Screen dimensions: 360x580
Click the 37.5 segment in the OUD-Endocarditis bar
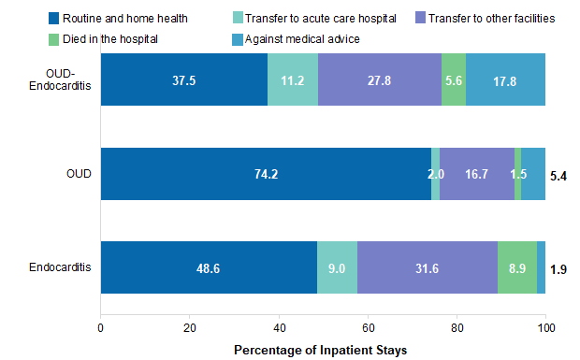click(183, 80)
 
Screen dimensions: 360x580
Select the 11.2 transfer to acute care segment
click(292, 80)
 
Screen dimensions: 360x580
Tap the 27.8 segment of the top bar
click(379, 80)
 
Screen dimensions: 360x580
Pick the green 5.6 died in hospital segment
click(453, 80)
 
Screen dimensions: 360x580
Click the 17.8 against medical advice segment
click(505, 80)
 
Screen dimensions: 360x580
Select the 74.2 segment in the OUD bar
click(266, 174)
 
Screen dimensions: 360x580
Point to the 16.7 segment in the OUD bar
click(476, 174)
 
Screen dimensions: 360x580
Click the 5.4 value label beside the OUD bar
click(559, 175)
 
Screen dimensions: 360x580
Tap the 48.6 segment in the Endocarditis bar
click(209, 267)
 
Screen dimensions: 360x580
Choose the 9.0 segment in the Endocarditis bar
click(337, 267)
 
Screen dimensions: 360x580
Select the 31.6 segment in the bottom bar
click(427, 267)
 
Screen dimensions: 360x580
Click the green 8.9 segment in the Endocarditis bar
click(516, 267)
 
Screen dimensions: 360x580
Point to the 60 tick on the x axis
click(368, 328)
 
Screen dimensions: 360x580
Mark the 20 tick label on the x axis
click(190, 328)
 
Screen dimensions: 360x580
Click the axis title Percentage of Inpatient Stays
click(322, 349)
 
